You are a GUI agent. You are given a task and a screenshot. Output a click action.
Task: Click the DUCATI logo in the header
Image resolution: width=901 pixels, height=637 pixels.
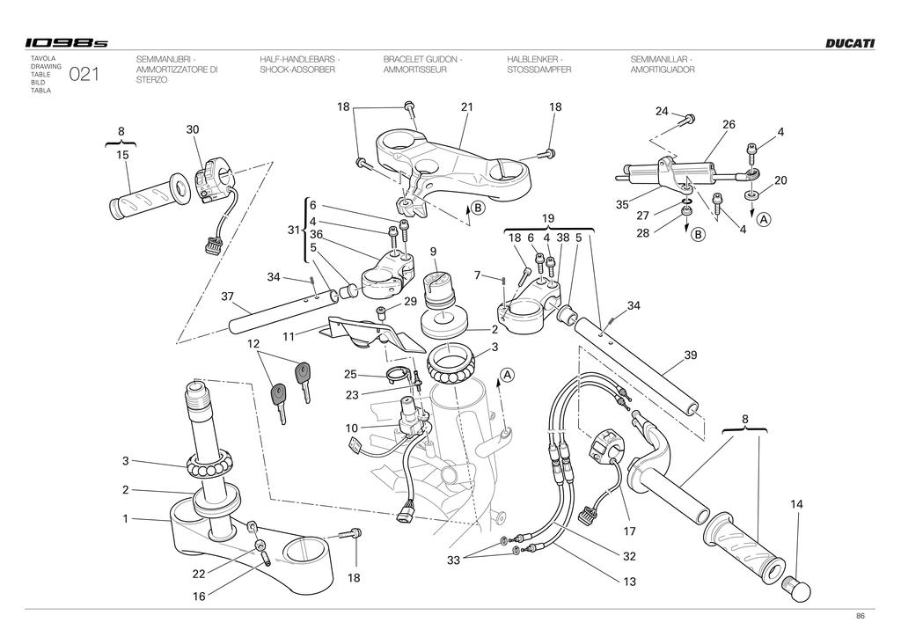[851, 43]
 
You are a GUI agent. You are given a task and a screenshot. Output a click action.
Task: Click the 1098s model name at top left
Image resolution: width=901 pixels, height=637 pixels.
[66, 43]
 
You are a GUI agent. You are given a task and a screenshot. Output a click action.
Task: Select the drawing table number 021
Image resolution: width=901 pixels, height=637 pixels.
[84, 74]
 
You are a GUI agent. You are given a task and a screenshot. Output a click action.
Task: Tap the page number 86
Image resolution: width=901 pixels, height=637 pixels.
[861, 616]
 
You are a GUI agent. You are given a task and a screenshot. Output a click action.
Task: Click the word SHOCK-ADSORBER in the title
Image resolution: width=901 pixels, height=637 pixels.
[297, 70]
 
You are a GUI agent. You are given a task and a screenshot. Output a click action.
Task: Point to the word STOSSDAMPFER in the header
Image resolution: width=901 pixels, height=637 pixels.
[539, 70]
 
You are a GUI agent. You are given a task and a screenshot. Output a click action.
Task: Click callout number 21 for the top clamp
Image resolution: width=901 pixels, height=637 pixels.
[466, 106]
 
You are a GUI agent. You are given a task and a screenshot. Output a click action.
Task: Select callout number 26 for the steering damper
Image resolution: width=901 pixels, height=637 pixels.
[729, 124]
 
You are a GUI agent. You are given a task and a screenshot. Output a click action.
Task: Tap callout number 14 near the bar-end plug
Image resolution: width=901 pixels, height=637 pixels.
[796, 504]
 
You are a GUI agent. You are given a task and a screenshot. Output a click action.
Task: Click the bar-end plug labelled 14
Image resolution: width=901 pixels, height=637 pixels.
[797, 589]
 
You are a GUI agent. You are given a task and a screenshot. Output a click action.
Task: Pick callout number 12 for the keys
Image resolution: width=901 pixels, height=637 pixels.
[253, 344]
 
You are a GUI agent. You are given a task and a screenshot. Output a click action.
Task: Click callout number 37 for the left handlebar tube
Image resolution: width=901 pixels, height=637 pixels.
[228, 297]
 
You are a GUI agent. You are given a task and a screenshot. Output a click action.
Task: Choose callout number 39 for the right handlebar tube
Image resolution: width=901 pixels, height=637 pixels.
[690, 355]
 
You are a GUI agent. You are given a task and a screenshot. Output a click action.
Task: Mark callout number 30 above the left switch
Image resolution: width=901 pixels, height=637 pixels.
[193, 129]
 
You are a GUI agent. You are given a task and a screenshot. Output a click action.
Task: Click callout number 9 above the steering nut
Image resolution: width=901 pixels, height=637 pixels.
[433, 252]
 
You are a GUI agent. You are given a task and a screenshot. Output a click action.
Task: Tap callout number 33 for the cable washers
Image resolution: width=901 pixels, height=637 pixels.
[453, 560]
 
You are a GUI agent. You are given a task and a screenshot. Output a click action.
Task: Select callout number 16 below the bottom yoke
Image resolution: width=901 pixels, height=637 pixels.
[199, 597]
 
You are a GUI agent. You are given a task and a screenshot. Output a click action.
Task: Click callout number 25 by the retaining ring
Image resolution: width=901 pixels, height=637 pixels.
[350, 375]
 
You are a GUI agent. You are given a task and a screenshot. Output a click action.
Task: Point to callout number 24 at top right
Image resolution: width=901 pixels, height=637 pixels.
[662, 111]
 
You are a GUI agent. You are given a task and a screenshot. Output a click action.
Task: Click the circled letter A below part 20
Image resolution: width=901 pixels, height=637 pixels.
[763, 219]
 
